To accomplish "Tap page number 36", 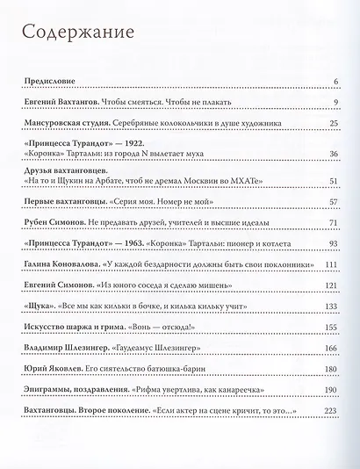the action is (333, 155).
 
